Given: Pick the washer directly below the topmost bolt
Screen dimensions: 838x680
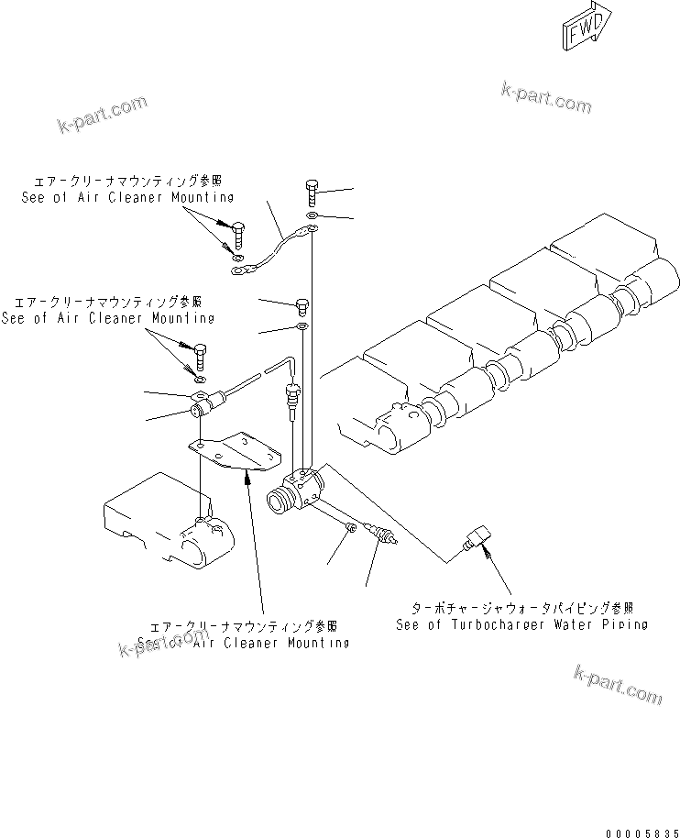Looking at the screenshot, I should click(x=313, y=216).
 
